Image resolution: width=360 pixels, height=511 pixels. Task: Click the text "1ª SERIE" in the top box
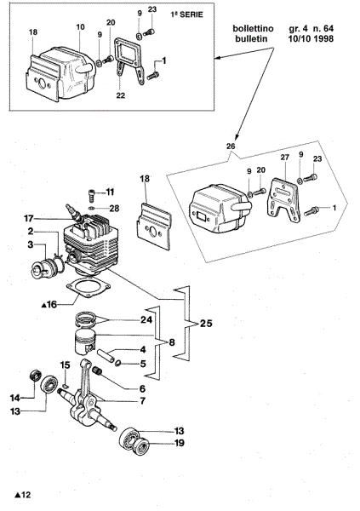187,14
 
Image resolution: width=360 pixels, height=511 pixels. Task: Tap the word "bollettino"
253,29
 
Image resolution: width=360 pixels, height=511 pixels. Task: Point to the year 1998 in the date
323,39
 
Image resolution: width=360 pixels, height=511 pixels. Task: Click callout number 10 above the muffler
81,26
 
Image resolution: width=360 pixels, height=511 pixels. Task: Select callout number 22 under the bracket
121,95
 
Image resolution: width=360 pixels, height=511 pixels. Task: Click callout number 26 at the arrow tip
231,146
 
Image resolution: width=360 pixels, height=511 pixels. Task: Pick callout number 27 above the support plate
285,158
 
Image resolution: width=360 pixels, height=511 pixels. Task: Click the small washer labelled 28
92,208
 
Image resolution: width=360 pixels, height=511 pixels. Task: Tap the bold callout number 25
206,324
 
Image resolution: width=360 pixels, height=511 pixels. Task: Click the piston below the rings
85,342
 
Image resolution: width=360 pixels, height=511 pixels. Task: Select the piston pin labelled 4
106,355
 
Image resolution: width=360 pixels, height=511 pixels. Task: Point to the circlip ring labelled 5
118,363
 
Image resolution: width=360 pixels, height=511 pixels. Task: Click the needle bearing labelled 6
97,371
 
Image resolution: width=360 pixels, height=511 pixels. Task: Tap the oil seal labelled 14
35,375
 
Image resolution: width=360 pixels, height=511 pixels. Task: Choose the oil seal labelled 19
142,445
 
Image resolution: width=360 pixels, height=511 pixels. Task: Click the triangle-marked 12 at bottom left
23,495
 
